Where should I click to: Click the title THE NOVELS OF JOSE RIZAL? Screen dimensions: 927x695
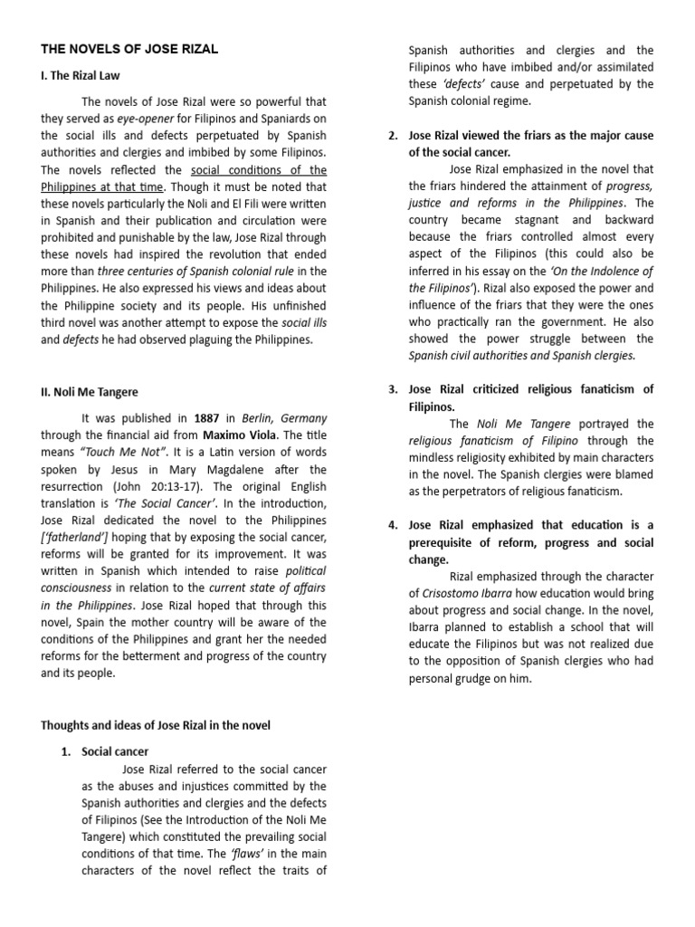click(129, 49)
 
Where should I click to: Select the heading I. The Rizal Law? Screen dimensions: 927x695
click(80, 76)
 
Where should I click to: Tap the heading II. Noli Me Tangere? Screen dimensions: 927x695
click(89, 392)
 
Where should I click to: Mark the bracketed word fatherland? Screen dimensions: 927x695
click(78, 539)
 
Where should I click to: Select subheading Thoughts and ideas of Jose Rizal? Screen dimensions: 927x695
click(155, 725)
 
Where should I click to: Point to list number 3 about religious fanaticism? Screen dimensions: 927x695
click(393, 389)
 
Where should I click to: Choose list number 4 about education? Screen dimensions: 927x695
click(393, 525)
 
